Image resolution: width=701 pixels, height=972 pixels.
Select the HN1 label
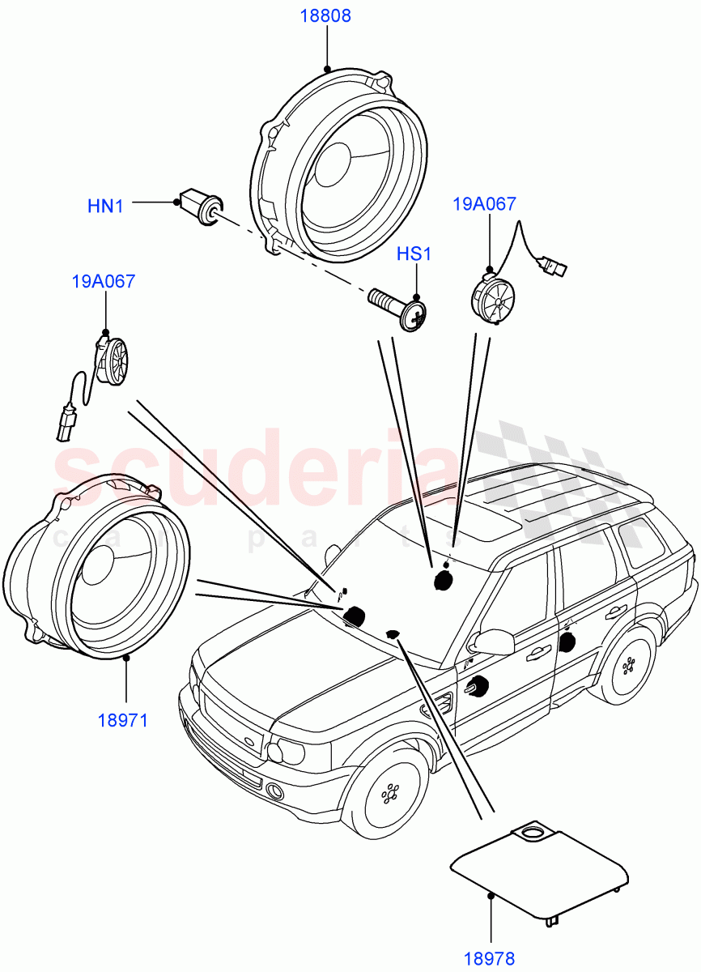(105, 207)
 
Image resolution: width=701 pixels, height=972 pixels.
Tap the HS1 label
(414, 254)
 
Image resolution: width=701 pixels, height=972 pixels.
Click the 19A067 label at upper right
(484, 204)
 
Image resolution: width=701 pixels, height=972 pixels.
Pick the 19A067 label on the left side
(104, 282)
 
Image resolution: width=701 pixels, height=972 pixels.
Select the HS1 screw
(401, 309)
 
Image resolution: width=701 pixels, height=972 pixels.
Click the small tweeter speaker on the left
(114, 361)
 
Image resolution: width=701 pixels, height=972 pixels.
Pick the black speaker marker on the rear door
(567, 642)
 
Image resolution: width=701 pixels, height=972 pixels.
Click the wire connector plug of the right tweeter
(554, 265)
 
